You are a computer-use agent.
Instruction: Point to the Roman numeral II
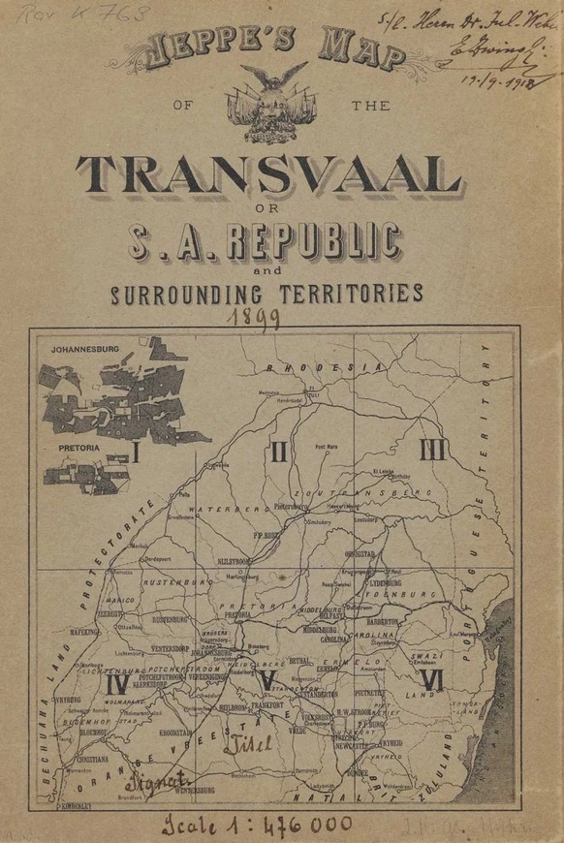278,451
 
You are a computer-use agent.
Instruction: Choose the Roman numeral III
431,450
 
